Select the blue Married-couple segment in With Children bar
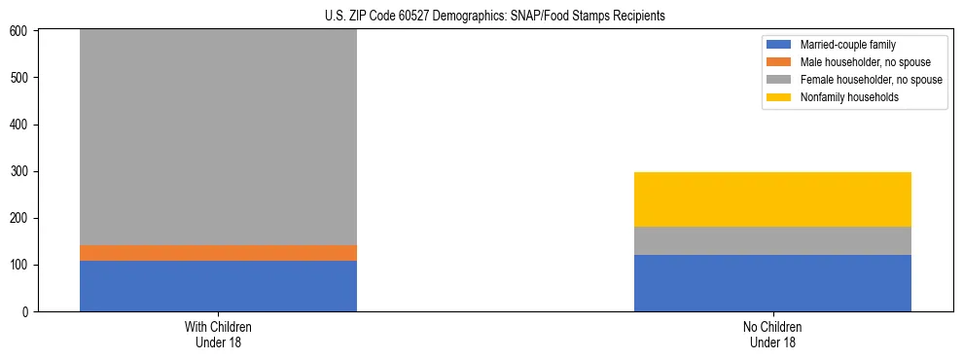[x=218, y=286]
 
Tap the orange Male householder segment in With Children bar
[x=218, y=253]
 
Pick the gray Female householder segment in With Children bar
[x=218, y=136]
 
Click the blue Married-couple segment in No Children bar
[x=772, y=283]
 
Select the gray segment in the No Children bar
[x=772, y=240]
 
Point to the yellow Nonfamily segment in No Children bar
[x=772, y=199]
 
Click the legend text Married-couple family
[x=848, y=45]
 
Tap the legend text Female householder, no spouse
[x=871, y=80]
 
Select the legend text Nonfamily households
[x=849, y=97]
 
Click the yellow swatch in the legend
[x=779, y=97]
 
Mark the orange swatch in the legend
[x=779, y=62]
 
